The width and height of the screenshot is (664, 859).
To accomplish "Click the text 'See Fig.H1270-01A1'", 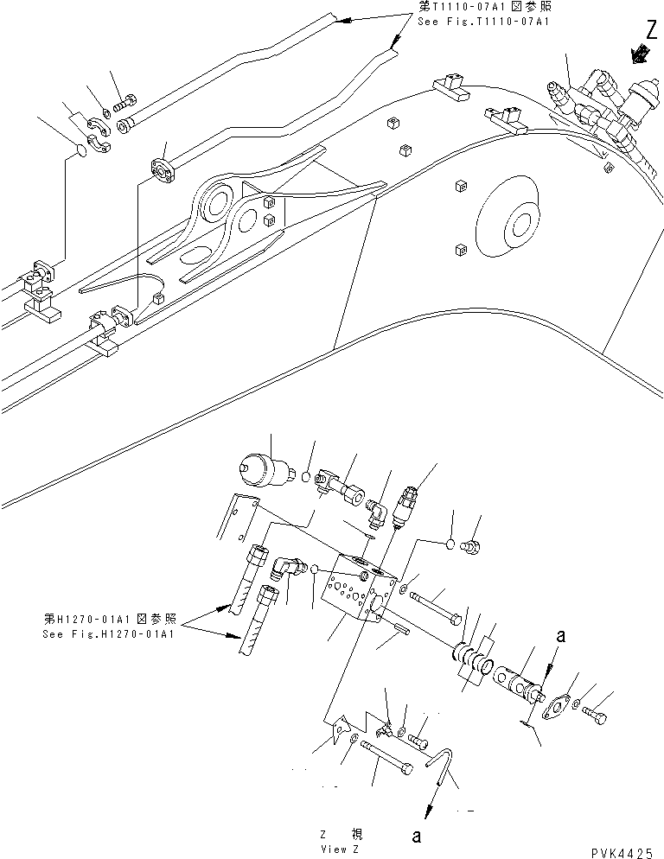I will point(107,633).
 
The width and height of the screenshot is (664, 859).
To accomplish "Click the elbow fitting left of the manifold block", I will point(286,569).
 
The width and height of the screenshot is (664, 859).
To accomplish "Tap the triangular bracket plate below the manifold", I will point(337,731).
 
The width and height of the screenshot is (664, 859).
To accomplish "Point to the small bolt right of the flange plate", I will point(596,716).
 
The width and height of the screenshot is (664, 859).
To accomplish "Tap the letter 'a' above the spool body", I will point(561,636).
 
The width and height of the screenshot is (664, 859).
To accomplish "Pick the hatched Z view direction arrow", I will point(639,54).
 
